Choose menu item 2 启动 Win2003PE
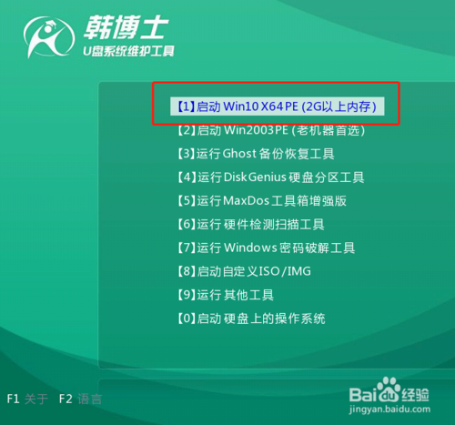click(268, 130)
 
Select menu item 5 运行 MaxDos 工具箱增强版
click(261, 201)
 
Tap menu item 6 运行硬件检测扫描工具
click(248, 224)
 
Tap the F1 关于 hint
click(27, 399)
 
